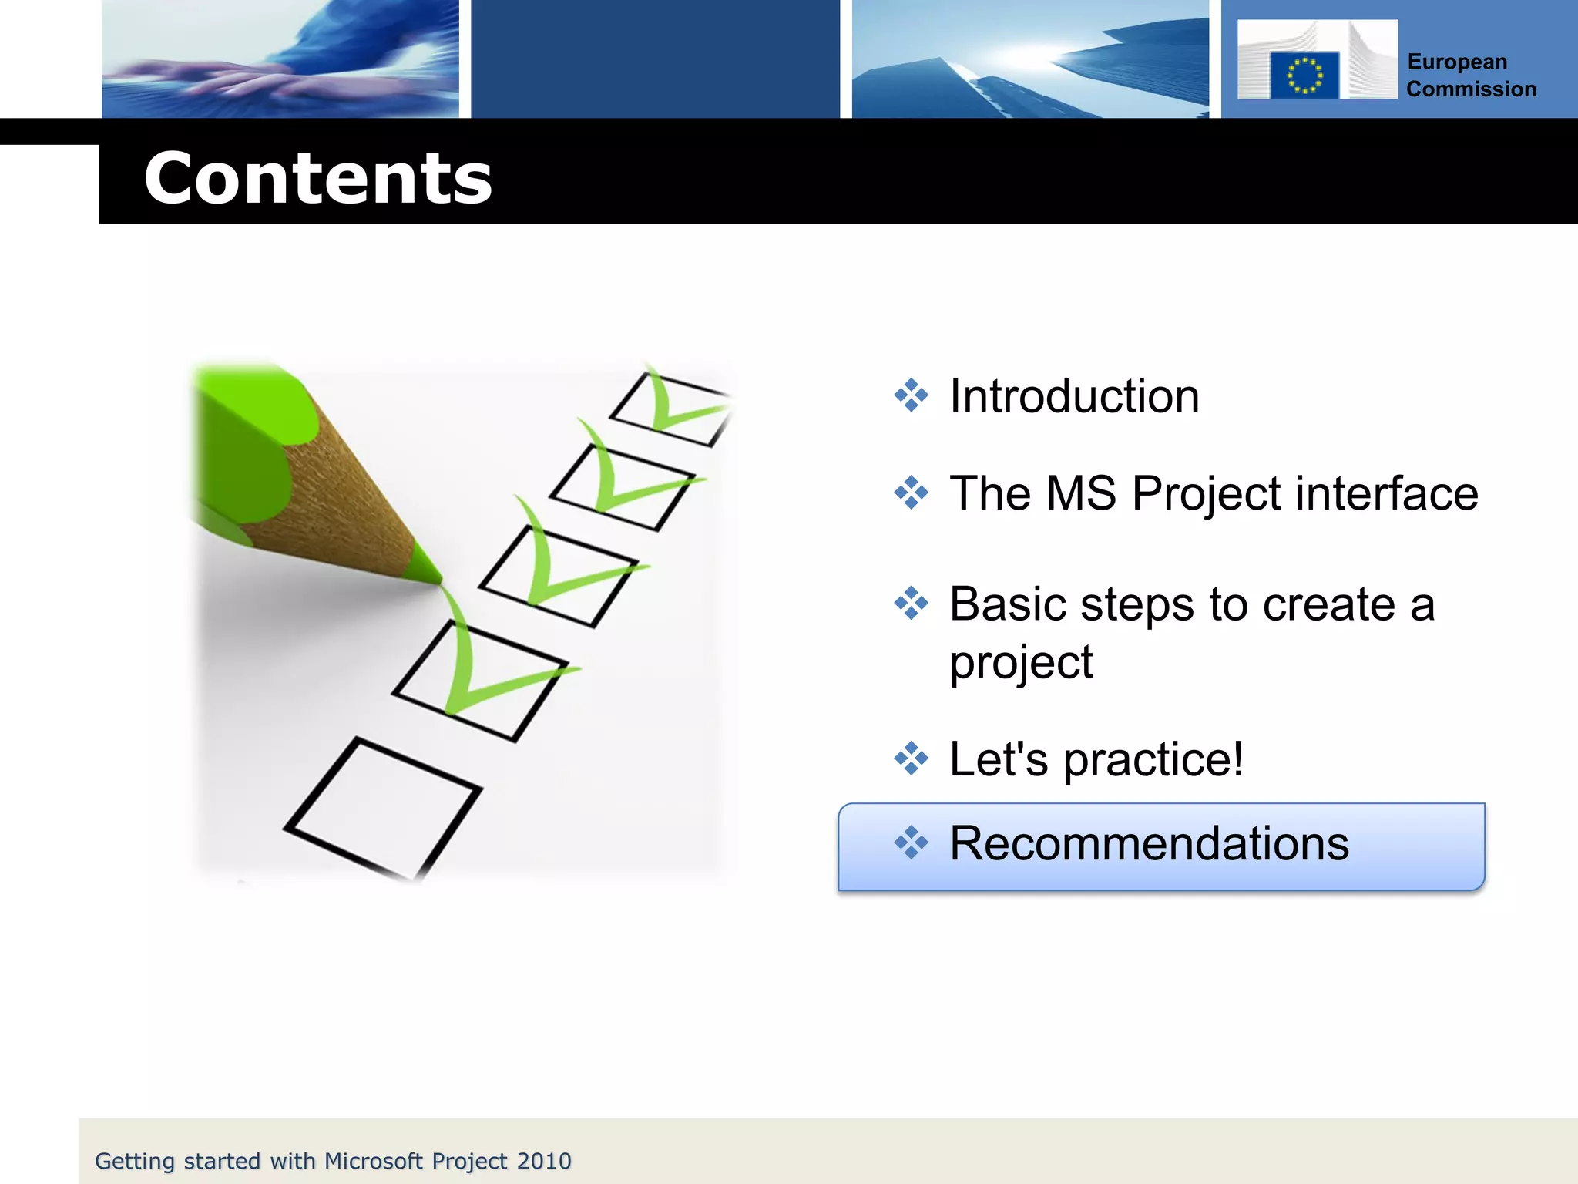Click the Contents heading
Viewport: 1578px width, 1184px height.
pyautogui.click(x=317, y=179)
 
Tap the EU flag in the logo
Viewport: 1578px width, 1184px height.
pyautogui.click(x=1304, y=76)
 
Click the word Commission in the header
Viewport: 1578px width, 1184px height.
pyautogui.click(x=1471, y=89)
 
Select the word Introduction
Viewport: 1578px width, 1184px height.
pyautogui.click(x=1074, y=396)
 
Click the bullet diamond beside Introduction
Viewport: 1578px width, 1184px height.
pyautogui.click(x=911, y=395)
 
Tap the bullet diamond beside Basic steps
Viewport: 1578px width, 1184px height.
pyautogui.click(x=911, y=604)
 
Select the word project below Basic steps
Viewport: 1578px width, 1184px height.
pyautogui.click(x=1021, y=662)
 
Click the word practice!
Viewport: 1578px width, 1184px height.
pyautogui.click(x=1153, y=759)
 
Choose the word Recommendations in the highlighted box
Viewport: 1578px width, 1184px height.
pyautogui.click(x=1149, y=843)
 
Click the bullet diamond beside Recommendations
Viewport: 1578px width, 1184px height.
pyautogui.click(x=911, y=843)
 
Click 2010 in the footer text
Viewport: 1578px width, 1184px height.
pyautogui.click(x=544, y=1161)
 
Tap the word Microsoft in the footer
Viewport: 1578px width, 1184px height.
pyautogui.click(x=374, y=1161)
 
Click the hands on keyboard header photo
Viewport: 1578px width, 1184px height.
pyautogui.click(x=280, y=59)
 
